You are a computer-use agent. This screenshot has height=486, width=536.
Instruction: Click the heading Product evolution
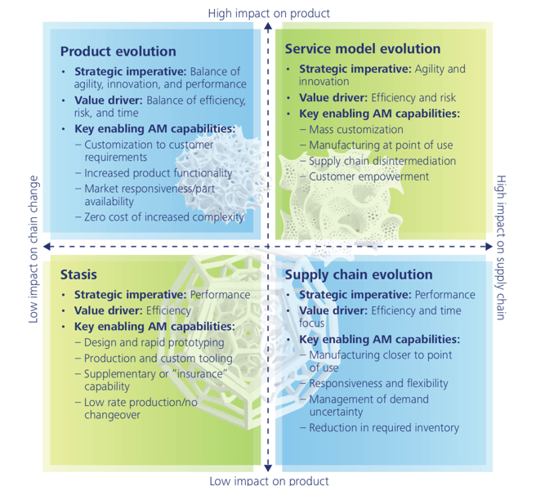pyautogui.click(x=118, y=51)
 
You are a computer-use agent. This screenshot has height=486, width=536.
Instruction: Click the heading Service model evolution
pyautogui.click(x=362, y=49)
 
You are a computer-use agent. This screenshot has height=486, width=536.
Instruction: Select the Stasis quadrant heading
pyautogui.click(x=79, y=275)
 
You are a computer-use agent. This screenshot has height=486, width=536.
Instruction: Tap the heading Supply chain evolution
pyautogui.click(x=359, y=275)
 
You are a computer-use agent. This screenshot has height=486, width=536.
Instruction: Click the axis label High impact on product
pyautogui.click(x=269, y=13)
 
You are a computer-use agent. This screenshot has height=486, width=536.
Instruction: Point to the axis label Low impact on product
pyautogui.click(x=269, y=480)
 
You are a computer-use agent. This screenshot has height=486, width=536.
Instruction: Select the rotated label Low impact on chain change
pyautogui.click(x=33, y=247)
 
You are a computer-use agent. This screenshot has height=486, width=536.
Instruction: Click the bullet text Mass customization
pyautogui.click(x=355, y=129)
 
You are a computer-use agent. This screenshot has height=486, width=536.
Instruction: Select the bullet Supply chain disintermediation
pyautogui.click(x=382, y=160)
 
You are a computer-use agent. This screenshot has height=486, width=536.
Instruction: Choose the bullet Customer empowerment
pyautogui.click(x=368, y=176)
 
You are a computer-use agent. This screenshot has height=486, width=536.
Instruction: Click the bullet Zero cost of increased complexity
pyautogui.click(x=169, y=216)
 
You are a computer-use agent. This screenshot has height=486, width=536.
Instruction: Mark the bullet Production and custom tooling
pyautogui.click(x=158, y=358)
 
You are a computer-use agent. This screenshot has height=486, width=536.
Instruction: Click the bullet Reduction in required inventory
pyautogui.click(x=384, y=427)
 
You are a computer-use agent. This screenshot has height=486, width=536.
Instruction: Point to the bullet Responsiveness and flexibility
pyautogui.click(x=378, y=383)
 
